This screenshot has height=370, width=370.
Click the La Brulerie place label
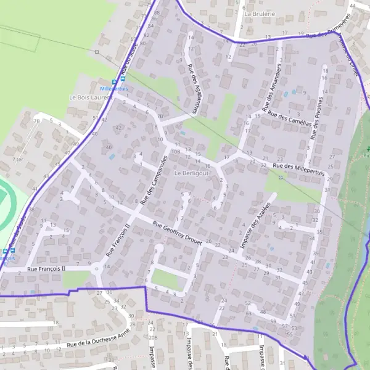tap(258, 12)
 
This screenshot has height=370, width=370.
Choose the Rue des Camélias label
tap(289, 117)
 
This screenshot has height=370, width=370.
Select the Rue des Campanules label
tap(154, 179)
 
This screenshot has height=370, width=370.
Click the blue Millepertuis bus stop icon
tap(114, 81)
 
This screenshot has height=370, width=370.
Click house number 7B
tap(160, 115)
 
